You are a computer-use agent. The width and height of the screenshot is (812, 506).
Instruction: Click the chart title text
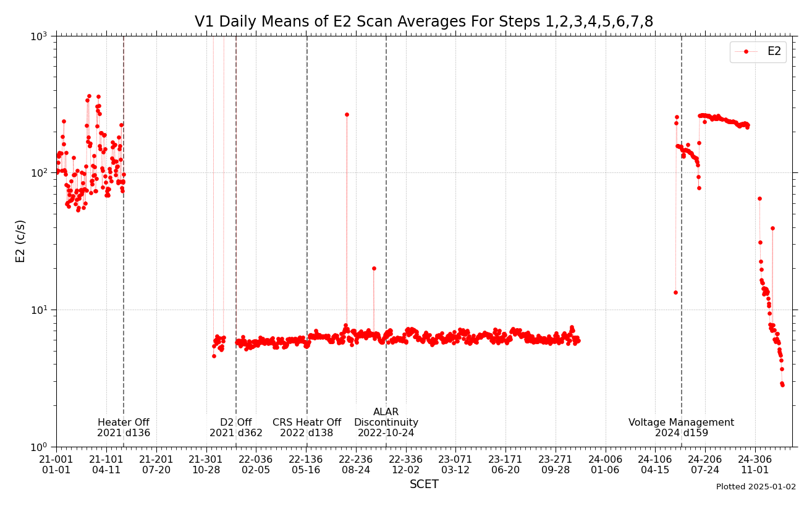pos(423,22)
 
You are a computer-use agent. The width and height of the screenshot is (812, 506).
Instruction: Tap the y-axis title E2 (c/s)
pos(21,241)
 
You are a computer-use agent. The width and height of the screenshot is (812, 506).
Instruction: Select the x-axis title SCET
pos(424,484)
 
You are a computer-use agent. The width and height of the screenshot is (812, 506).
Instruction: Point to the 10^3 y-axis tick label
pos(39,36)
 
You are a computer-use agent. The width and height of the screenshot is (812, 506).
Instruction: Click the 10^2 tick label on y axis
pos(39,173)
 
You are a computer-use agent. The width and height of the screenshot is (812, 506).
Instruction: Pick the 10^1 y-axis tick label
pos(39,310)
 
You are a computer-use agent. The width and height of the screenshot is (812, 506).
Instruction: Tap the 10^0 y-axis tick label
pos(39,447)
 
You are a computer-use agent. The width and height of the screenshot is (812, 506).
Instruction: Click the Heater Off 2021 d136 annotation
pos(124,428)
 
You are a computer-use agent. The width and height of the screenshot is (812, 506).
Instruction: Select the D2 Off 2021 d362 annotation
pos(236,428)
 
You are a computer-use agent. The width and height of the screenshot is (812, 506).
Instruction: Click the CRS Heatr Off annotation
pos(307,428)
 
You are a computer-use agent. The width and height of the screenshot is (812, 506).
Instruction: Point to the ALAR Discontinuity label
pos(386,423)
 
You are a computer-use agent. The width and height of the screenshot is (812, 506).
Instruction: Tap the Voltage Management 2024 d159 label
pos(681,428)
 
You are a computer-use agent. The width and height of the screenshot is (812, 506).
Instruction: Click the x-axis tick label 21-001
pos(56,465)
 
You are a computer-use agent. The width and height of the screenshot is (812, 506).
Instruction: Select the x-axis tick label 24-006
pos(605,465)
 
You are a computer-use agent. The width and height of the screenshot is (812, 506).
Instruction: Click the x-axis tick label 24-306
pos(755,465)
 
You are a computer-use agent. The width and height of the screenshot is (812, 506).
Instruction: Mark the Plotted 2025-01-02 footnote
pos(756,487)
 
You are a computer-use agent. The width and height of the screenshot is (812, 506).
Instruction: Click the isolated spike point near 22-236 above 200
pos(347,114)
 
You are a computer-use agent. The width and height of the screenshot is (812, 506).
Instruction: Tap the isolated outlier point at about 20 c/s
pos(374,268)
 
